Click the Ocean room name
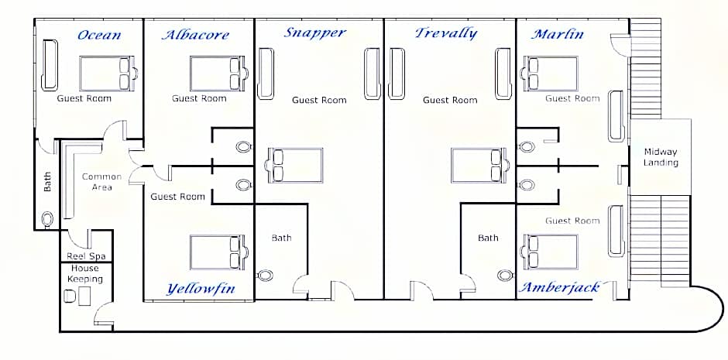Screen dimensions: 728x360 point(99,35)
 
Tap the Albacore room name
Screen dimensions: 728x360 point(195,35)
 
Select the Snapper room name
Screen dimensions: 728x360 point(315,33)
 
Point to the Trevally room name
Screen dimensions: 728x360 point(446,33)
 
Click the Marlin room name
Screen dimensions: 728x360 point(558,34)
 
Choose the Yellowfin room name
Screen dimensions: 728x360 point(201,290)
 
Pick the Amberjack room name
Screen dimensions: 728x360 point(559,288)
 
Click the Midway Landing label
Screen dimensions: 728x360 point(661,157)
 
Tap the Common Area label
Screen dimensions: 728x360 point(101,182)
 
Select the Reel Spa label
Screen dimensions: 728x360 point(86,256)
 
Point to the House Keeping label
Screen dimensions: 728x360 point(85,274)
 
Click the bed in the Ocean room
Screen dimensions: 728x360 point(108,74)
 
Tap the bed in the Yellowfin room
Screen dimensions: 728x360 point(219,252)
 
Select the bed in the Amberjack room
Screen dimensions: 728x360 point(550,252)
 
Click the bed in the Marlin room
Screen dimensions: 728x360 point(550,74)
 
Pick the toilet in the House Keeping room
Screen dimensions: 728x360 point(70,296)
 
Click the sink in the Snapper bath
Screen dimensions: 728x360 point(265,276)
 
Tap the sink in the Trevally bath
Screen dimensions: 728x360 point(506,276)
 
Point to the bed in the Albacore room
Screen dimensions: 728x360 point(219,74)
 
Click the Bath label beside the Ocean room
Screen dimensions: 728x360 point(47,182)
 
